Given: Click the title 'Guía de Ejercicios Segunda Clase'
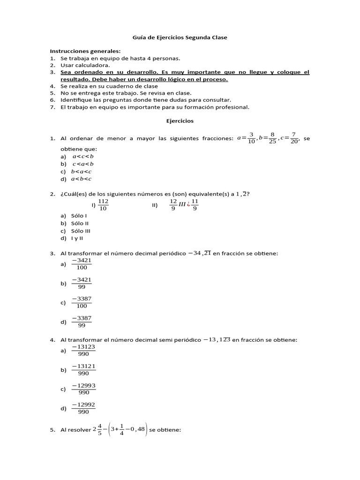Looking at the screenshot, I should [180, 37].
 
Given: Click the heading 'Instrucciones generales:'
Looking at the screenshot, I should [85, 51].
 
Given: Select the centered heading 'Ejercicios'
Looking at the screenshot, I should [180, 120].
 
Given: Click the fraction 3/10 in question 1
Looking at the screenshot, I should [252, 138].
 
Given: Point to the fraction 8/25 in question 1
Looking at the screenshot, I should [272, 138].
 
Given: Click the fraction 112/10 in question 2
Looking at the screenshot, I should [104, 205].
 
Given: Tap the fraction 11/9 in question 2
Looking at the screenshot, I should [195, 205].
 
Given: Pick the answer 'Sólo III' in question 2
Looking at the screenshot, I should [81, 231].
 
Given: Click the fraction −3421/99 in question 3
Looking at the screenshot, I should [82, 283].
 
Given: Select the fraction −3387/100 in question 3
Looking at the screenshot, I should [82, 302].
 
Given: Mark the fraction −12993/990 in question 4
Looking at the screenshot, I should [83, 389].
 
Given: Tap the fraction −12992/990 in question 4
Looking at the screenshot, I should [83, 408].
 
